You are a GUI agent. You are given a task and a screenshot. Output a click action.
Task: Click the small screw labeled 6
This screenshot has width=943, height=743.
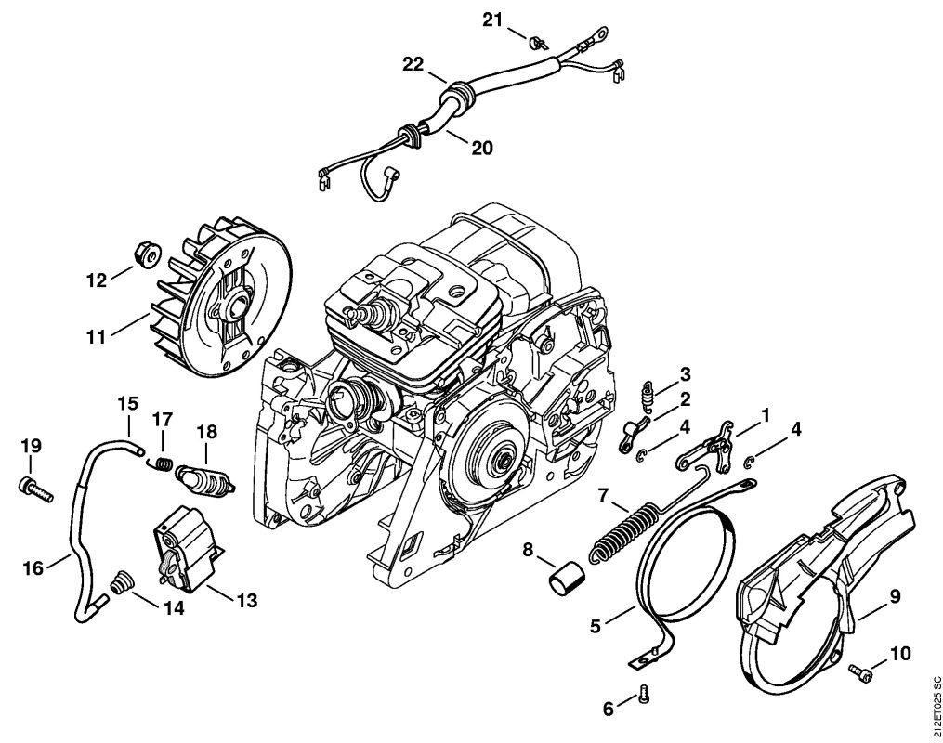click(x=644, y=694)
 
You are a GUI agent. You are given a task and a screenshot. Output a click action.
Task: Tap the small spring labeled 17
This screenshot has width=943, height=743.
click(x=161, y=463)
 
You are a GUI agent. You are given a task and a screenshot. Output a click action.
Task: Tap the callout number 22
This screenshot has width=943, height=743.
click(x=413, y=64)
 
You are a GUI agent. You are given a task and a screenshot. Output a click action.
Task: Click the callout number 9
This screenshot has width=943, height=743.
click(x=896, y=596)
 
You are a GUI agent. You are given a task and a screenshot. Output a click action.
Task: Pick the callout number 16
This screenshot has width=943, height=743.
click(x=33, y=567)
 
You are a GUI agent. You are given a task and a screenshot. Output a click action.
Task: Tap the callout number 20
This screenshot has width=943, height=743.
click(x=482, y=148)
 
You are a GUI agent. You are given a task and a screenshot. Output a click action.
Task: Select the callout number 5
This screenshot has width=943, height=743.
click(x=595, y=626)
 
